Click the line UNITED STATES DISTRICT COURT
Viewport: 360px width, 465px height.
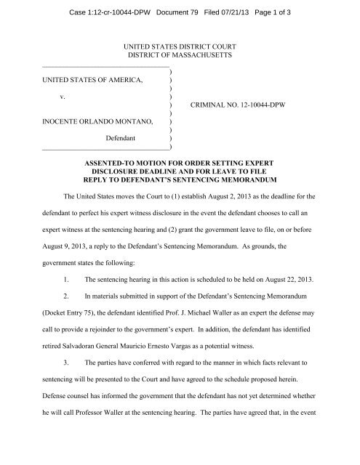tap(179, 46)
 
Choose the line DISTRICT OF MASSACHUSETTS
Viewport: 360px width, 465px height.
tap(179, 56)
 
